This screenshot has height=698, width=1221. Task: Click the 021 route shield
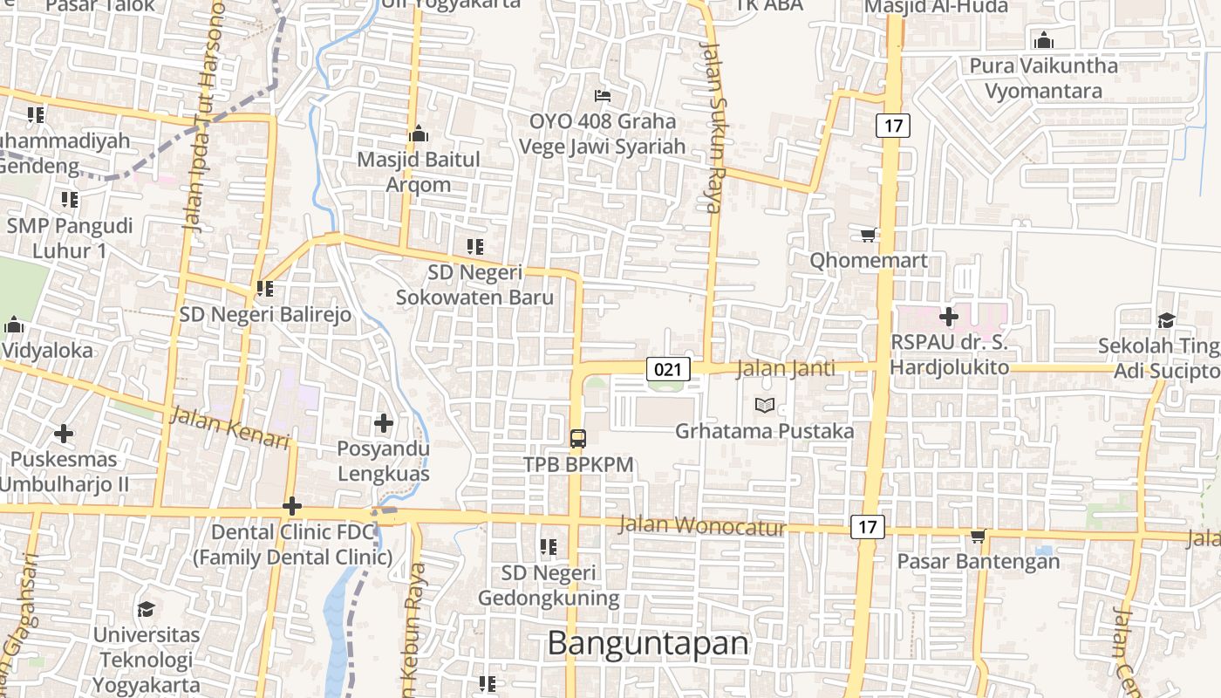point(668,369)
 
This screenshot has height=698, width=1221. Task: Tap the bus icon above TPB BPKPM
point(577,438)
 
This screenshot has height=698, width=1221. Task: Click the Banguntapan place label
point(648,643)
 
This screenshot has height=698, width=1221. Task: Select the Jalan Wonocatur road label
point(702,526)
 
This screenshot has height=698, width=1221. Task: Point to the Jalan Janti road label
point(785,369)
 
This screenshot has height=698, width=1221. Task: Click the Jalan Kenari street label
point(229,428)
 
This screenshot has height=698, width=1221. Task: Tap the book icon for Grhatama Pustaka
point(765,405)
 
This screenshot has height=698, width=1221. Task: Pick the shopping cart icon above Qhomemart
point(868,235)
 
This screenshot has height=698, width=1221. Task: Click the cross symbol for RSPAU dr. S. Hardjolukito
point(949,316)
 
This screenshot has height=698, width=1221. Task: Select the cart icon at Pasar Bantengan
point(979,536)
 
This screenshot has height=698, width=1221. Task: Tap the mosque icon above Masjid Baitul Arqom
point(419,134)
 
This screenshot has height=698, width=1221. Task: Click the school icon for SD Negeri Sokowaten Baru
point(474,247)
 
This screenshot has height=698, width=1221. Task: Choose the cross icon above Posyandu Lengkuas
point(383,423)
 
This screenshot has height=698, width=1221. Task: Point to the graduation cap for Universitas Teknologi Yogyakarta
point(147,608)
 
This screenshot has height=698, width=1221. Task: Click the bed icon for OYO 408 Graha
point(603,95)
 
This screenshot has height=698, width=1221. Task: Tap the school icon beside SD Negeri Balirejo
point(265,288)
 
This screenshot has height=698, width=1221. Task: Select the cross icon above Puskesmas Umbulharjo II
point(63,433)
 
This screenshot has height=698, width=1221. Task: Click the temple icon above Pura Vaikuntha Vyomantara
point(1043,40)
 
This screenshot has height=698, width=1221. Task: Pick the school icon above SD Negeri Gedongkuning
point(548,547)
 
